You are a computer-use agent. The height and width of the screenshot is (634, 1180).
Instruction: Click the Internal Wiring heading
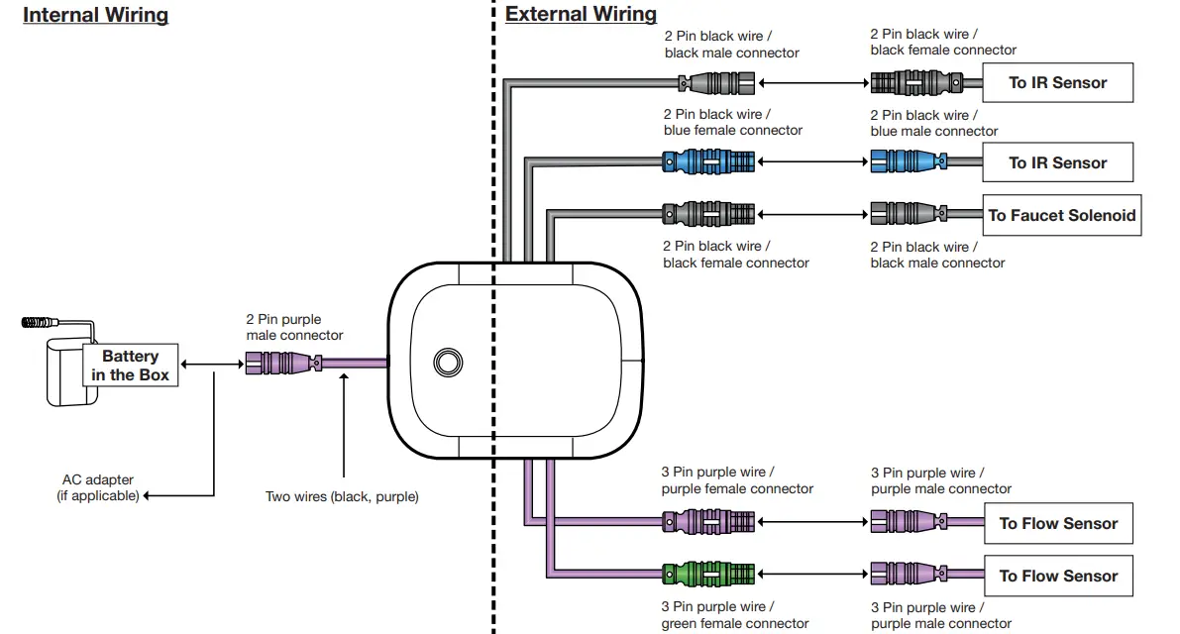95,15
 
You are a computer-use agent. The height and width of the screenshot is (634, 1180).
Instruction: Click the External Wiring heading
581,14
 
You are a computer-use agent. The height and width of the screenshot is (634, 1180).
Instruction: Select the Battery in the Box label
130,366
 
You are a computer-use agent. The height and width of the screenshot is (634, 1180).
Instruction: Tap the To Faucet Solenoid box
1062,215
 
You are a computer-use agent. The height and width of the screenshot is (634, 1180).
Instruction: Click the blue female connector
708,161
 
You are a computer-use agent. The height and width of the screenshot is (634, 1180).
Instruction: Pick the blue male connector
909,161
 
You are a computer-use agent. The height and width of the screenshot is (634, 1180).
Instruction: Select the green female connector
708,574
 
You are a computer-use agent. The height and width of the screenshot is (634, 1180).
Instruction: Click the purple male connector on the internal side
283,364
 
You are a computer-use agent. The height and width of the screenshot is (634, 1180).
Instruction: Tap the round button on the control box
448,363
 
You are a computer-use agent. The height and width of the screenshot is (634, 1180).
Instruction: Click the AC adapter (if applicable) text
98,487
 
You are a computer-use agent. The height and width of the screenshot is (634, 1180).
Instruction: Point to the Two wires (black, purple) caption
342,496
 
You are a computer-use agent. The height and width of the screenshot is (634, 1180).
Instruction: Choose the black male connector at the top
716,83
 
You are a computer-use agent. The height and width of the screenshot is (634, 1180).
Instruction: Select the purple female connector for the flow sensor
708,521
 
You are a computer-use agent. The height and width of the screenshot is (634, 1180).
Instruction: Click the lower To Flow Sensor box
1058,577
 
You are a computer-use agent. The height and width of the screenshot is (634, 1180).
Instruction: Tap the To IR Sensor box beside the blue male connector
1057,162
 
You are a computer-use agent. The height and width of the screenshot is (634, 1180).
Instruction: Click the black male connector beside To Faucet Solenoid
909,214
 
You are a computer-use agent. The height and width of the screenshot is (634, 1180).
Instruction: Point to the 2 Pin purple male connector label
294,327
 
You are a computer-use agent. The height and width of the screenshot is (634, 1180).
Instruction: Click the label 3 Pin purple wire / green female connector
734,615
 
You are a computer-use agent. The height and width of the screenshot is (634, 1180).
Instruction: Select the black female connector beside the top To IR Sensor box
916,83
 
